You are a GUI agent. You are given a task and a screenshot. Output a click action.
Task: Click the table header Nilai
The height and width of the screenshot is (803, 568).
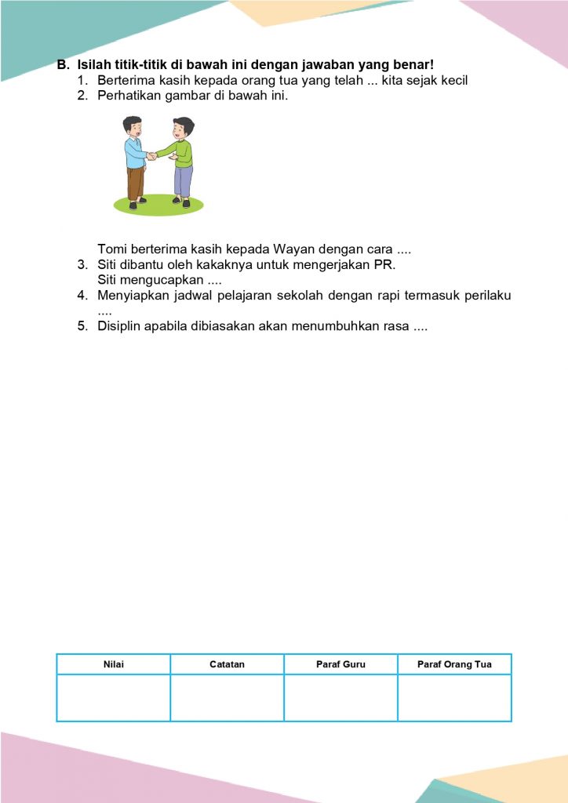[x=114, y=664]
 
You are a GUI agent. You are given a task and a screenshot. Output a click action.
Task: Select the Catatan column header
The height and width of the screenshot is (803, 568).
[x=227, y=664]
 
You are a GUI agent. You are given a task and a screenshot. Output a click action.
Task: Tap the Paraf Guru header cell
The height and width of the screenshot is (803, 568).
[x=340, y=664]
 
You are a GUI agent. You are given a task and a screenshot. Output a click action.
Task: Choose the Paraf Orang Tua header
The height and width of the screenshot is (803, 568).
[x=454, y=664]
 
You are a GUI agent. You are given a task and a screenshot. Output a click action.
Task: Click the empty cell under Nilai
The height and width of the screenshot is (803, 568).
[x=114, y=697]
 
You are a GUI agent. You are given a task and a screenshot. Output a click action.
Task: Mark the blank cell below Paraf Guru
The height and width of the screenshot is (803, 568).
[x=340, y=697]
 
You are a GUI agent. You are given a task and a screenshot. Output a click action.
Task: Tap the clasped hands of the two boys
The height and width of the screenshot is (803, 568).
[x=151, y=156]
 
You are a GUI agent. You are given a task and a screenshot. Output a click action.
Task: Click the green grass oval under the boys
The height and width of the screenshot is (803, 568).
[x=158, y=205]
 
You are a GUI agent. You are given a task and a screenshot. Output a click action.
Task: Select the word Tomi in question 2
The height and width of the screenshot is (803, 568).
[x=111, y=249]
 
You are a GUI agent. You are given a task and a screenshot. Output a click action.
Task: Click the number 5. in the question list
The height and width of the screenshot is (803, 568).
[x=82, y=325]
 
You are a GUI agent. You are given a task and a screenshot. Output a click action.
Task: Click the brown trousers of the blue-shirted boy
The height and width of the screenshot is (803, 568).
[x=136, y=183]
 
